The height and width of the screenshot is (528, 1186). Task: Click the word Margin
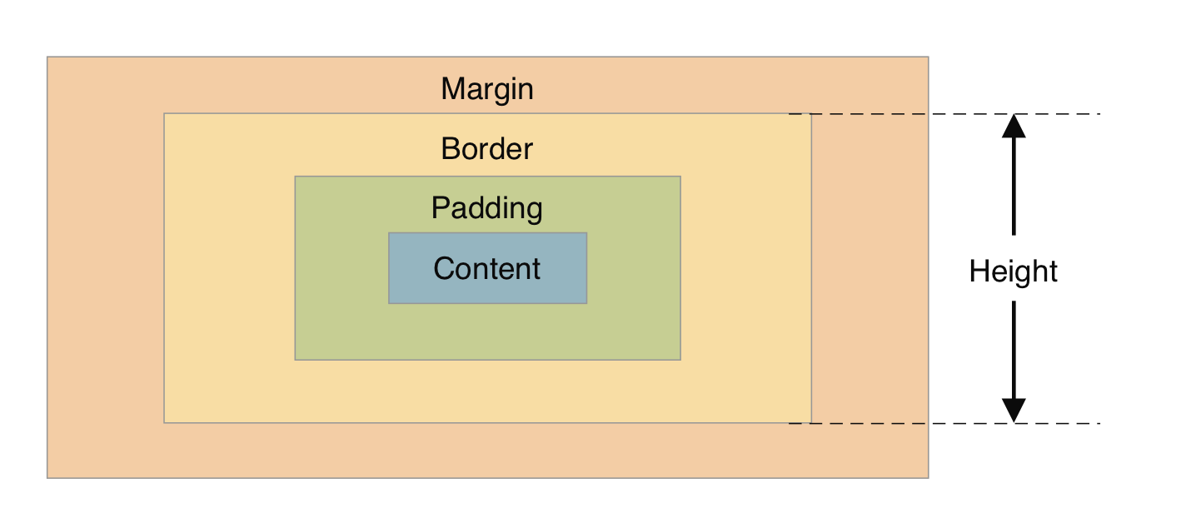pos(487,88)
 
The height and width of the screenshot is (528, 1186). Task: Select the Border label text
pos(487,149)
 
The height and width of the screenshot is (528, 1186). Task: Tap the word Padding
pos(487,208)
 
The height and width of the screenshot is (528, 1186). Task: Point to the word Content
pos(487,269)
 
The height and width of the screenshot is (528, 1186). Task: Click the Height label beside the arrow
pos(1014,271)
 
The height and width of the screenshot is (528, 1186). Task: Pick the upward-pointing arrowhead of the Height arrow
pos(1014,126)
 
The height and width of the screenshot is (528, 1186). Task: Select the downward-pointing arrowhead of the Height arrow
pos(1014,411)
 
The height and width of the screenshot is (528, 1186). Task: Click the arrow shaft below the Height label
pos(1014,350)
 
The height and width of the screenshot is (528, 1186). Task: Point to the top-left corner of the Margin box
pos(47,57)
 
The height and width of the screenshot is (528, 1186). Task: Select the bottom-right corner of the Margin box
pos(928,477)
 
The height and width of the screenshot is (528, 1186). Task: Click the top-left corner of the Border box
pos(164,114)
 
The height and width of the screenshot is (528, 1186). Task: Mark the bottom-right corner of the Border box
pos(810,423)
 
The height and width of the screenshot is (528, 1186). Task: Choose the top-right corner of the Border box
pos(810,114)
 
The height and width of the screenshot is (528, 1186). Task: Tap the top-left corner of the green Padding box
pos(295,177)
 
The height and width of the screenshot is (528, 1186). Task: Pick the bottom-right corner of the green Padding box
pos(680,360)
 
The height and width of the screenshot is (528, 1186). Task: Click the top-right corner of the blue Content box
pos(586,233)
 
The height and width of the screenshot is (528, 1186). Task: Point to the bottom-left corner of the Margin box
pos(47,477)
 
